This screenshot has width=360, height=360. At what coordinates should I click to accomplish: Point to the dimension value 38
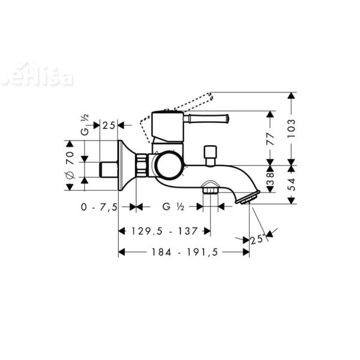pos(270,178)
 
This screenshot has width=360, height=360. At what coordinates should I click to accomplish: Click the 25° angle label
pos(257,239)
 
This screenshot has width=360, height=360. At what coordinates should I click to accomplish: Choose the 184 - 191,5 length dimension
pos(184,253)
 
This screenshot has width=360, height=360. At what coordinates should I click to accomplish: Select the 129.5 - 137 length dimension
pos(163,230)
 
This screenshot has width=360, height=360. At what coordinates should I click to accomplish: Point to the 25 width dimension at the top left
pos(109,125)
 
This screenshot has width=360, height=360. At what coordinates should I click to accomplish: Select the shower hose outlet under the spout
pos(209,191)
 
